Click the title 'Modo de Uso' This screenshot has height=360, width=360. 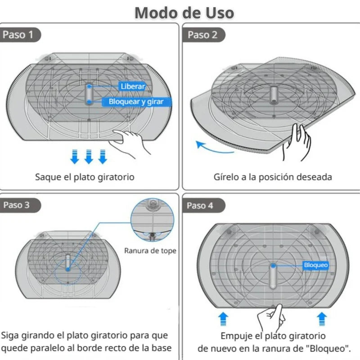click(184, 12)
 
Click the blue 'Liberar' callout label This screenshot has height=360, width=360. click(132, 86)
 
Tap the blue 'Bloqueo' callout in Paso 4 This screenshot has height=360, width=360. click(315, 265)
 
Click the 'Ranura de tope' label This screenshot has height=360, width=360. click(150, 251)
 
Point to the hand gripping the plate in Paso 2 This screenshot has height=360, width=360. click(297, 142)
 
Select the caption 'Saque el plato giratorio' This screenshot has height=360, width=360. click(85, 177)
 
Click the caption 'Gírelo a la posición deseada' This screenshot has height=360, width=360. click(273, 177)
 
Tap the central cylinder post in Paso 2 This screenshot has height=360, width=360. click(273, 94)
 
